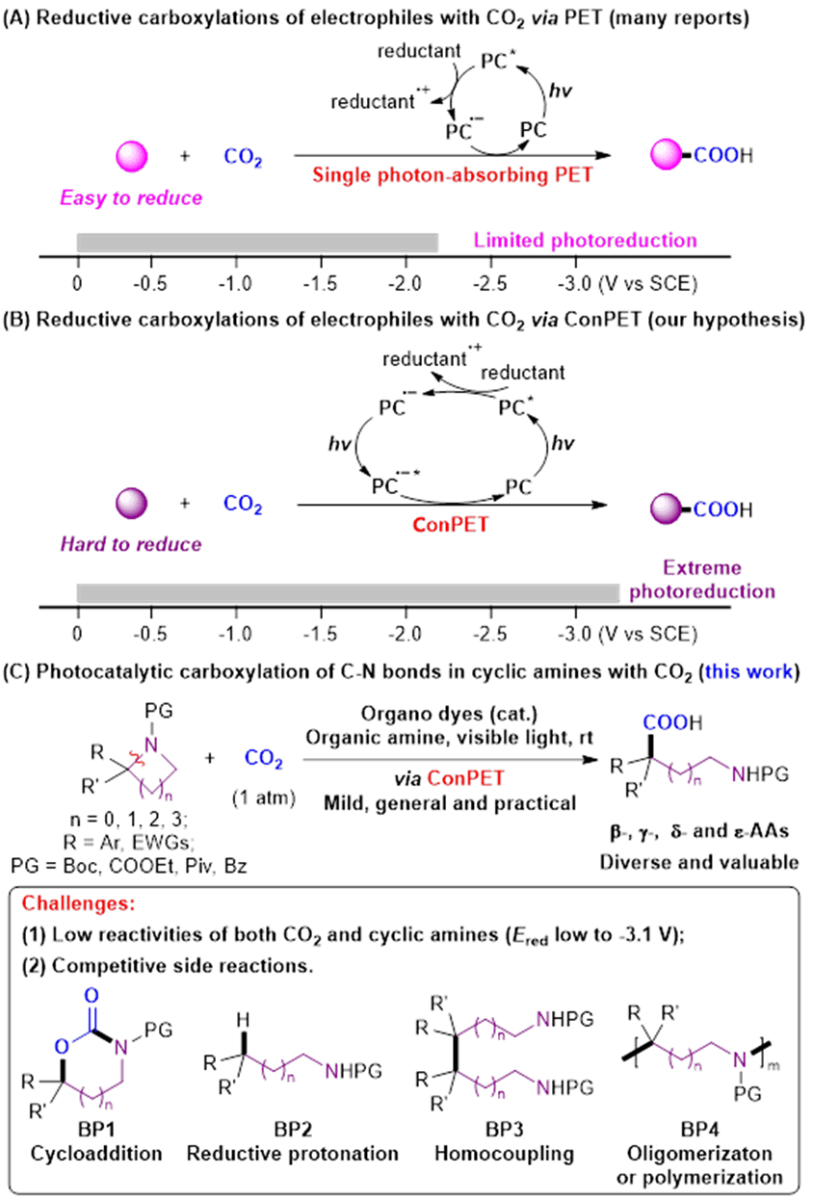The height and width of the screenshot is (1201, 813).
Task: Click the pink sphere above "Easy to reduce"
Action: pyautogui.click(x=131, y=156)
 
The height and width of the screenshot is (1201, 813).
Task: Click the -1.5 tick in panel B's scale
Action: pyautogui.click(x=323, y=633)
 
